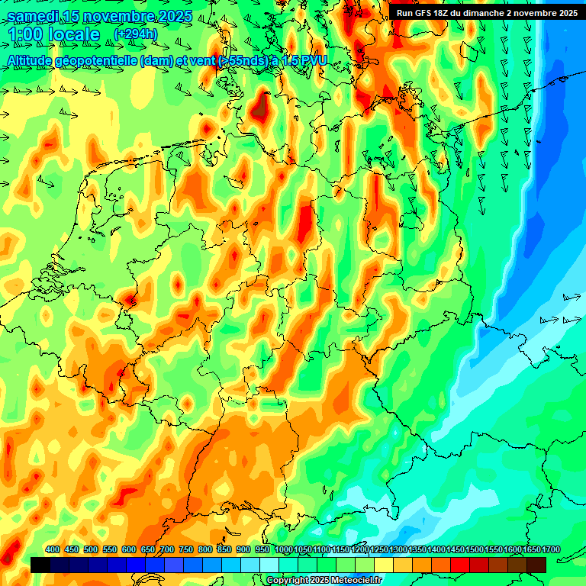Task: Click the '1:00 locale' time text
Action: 54,34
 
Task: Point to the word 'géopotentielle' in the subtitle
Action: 95,60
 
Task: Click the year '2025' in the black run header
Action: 563,12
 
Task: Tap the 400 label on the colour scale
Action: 53,549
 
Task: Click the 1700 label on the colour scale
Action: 530,549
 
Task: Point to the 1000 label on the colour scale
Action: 283,549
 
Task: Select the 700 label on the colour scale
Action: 167,549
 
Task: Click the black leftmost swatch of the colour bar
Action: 40,565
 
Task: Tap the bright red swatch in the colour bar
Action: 460,565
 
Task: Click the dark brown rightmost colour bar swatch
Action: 536,565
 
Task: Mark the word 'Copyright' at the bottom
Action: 288,581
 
